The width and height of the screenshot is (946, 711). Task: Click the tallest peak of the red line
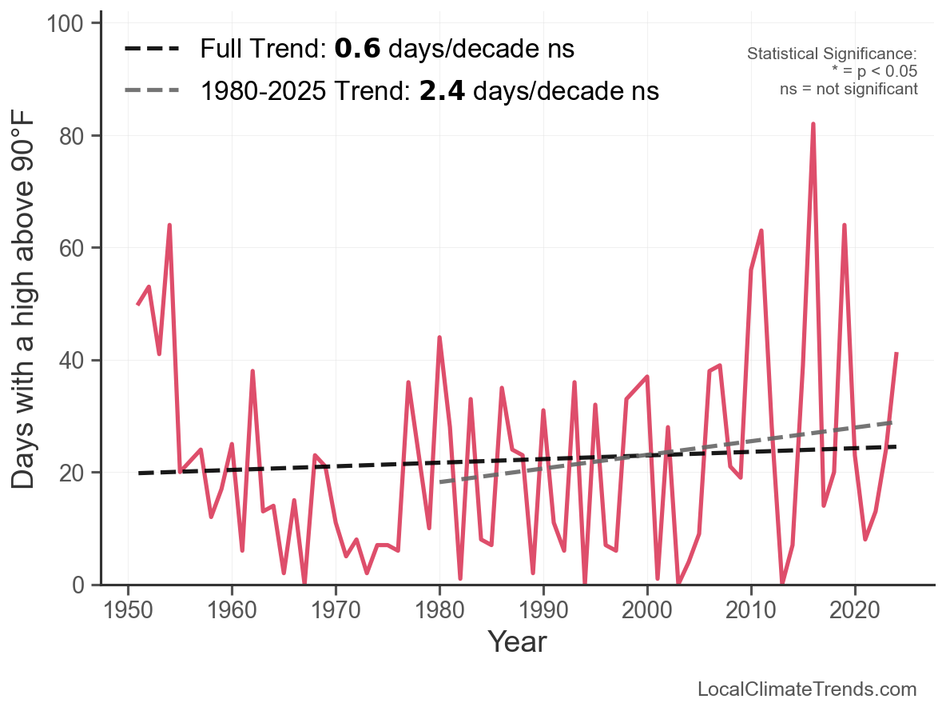813,125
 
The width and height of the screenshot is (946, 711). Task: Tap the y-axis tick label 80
74,136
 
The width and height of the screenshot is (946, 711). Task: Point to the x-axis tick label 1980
439,610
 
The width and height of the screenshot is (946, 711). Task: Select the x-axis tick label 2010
751,610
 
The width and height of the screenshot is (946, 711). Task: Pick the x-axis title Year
517,641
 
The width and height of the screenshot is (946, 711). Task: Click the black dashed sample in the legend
152,49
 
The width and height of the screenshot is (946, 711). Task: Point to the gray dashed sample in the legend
152,91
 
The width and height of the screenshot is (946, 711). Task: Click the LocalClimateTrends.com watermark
807,689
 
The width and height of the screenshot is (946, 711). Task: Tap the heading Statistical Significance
832,54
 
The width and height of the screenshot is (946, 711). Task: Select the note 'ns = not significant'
849,89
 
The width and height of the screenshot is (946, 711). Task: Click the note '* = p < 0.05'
874,71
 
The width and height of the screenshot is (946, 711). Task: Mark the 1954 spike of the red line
169,226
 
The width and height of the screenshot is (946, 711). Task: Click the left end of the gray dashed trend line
440,482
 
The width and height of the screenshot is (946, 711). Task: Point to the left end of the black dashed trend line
139,473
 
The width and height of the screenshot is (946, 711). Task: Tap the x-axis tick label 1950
128,610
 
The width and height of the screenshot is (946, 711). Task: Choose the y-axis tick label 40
74,361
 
